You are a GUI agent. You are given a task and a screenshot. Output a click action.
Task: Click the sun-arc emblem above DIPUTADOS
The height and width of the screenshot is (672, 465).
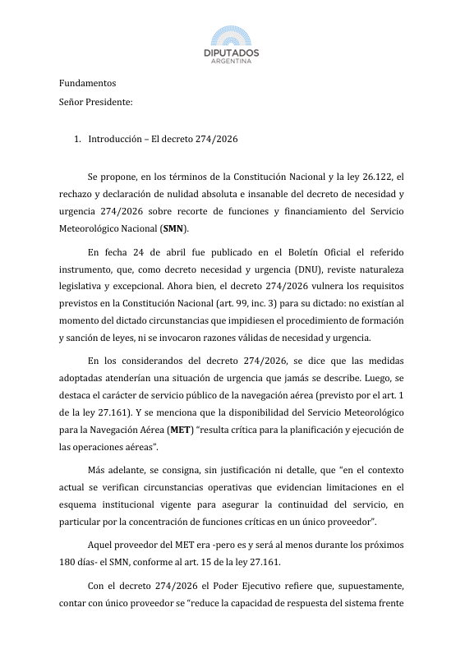pos(232,36)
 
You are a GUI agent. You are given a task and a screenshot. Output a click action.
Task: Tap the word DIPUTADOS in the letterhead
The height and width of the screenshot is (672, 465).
pos(232,53)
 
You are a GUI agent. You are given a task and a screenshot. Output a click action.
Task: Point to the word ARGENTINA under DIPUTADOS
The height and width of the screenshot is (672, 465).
pos(232,62)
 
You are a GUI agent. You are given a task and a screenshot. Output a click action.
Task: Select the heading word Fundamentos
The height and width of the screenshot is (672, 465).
pos(87,83)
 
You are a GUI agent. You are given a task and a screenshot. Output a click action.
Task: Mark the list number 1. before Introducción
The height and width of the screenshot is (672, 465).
pos(77,139)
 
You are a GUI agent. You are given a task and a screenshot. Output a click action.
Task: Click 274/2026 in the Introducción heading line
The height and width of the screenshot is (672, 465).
pos(217,139)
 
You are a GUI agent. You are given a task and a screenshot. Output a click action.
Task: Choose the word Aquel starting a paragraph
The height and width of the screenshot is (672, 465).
pos(101,545)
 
